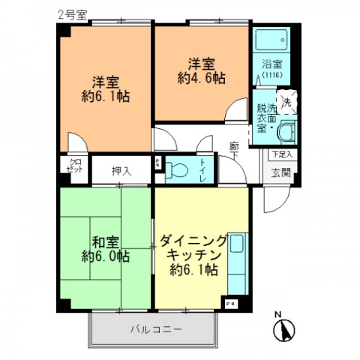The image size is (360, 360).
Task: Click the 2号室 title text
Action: coord(73,14)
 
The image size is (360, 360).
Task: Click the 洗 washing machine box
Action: coord(287,102)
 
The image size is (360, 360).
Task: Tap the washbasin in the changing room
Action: coord(285,133)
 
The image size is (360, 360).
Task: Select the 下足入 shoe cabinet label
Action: coord(280,154)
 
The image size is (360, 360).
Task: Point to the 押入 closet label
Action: coord(121,170)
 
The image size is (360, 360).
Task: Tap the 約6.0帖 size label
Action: coord(105,256)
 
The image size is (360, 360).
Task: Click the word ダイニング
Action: coord(192,241)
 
